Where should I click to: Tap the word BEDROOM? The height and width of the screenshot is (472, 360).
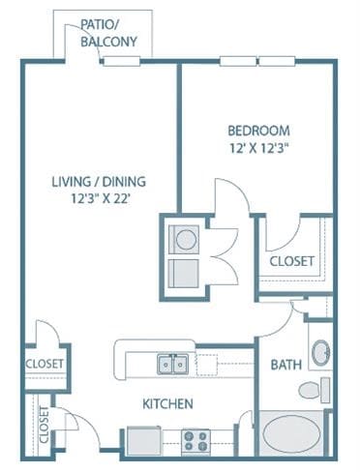pyautogui.click(x=258, y=131)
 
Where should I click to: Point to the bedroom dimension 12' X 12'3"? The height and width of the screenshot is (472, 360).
pyautogui.click(x=258, y=148)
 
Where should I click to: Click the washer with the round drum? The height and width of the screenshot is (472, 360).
pyautogui.click(x=182, y=237)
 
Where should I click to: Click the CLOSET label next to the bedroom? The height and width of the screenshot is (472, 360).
pyautogui.click(x=290, y=262)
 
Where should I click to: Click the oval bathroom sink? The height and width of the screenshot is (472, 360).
pyautogui.click(x=321, y=352)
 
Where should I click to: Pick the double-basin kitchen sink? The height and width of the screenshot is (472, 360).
pyautogui.click(x=173, y=365)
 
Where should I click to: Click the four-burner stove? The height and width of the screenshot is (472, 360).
pyautogui.click(x=196, y=441)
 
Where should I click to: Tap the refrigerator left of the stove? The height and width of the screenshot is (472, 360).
pyautogui.click(x=146, y=441)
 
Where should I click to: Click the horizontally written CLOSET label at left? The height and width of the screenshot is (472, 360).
pyautogui.click(x=45, y=364)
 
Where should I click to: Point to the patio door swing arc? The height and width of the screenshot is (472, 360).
pyautogui.click(x=81, y=44)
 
